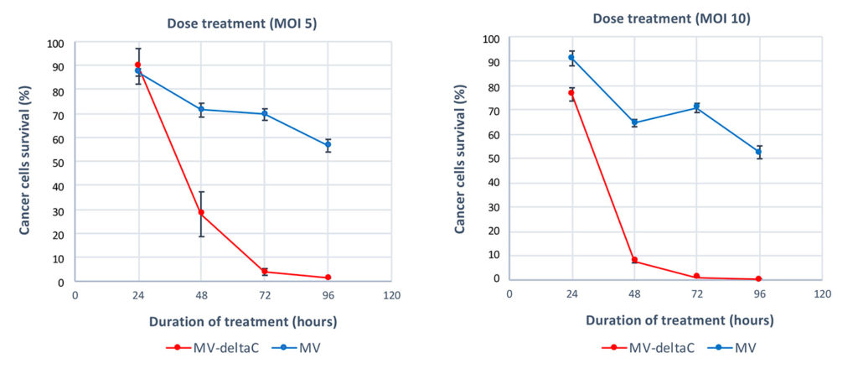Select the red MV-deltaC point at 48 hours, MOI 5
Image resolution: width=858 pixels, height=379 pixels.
point(201,213)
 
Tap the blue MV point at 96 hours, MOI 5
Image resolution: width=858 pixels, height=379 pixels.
point(328,145)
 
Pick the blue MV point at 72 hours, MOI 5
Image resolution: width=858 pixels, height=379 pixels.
point(265,115)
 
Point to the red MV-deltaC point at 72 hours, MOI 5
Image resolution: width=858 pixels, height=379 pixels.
point(265,272)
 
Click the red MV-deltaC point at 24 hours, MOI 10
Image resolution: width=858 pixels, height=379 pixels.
point(572,93)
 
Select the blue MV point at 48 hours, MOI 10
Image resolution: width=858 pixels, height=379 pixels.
point(634,123)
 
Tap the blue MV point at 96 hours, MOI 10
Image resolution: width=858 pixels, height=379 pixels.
point(759,152)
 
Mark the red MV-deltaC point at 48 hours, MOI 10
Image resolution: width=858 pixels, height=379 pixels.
point(634,260)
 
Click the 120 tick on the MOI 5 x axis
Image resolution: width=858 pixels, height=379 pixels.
point(391,295)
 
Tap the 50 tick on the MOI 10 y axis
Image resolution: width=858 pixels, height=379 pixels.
point(494,158)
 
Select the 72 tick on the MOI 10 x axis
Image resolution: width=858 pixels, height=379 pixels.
point(697,293)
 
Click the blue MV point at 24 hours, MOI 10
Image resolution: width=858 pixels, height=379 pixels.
point(572,58)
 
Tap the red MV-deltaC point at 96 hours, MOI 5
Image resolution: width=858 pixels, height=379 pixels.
point(328,278)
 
